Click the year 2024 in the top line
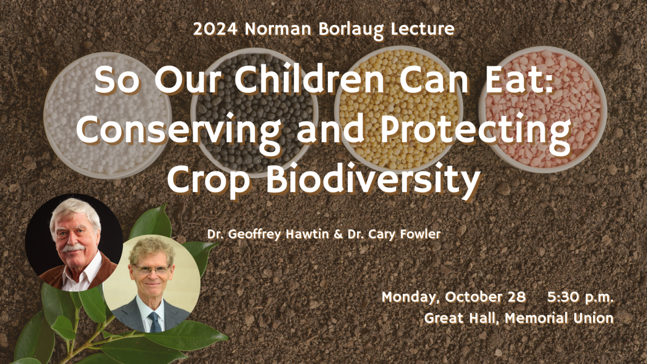click(x=215, y=29)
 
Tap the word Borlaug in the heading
click(x=351, y=30)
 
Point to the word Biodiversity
click(x=373, y=180)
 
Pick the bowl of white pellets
click(x=107, y=115)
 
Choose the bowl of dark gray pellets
click(x=254, y=112)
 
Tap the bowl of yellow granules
click(x=398, y=111)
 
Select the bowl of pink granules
click(x=543, y=110)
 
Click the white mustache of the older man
click(x=73, y=248)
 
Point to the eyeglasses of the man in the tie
click(x=152, y=270)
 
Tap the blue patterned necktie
click(x=155, y=321)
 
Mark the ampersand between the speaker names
click(x=338, y=234)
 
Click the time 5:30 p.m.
click(x=580, y=297)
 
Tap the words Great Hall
click(x=463, y=318)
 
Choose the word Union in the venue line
click(x=593, y=318)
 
